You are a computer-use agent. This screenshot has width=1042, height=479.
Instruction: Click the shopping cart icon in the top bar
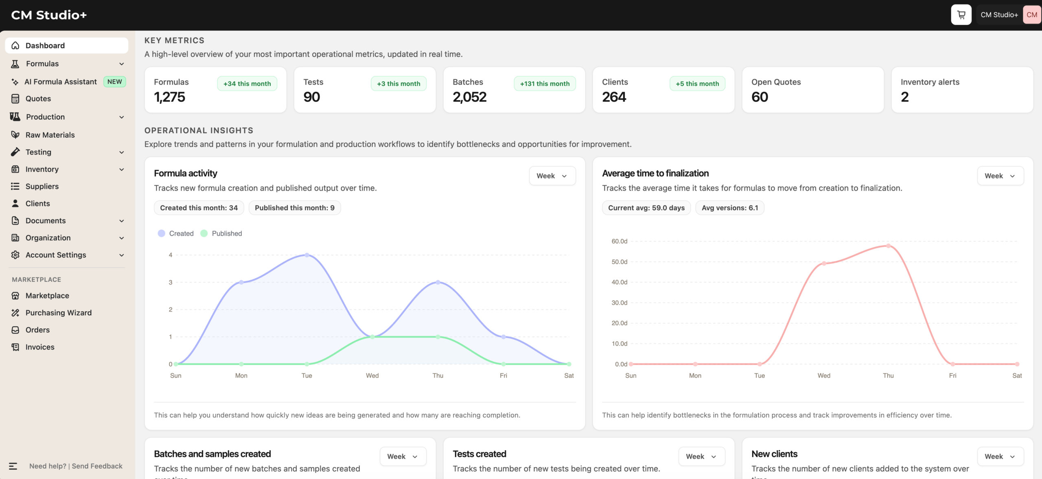point(961,15)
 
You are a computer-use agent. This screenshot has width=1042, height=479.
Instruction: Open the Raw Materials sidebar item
point(50,135)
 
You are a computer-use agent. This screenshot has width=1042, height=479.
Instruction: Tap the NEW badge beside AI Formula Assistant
point(115,81)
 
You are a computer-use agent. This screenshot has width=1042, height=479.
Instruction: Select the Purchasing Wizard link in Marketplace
point(59,313)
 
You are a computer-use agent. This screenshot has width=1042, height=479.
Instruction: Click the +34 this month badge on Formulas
point(247,83)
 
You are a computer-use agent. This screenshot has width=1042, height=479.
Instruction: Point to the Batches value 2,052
point(470,97)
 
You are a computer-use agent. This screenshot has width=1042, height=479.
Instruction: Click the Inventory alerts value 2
point(905,97)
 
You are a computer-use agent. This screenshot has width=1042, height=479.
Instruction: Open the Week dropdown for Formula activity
point(552,176)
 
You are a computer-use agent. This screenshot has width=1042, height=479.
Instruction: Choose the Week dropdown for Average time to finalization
point(1000,176)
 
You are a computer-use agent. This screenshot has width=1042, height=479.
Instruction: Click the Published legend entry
point(221,233)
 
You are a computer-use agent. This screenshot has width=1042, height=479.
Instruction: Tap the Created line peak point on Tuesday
point(307,255)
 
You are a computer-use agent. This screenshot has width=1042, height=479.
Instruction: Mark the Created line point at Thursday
point(438,282)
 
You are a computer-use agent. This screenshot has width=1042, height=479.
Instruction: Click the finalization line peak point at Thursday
point(888,246)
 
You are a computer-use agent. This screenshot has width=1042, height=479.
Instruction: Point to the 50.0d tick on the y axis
point(620,262)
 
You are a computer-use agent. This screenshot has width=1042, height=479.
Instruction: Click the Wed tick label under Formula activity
point(372,376)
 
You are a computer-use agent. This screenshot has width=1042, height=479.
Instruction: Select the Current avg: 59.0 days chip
point(646,208)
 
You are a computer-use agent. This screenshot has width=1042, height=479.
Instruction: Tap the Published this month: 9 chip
point(295,208)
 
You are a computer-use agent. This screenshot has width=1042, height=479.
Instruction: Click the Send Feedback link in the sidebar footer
point(97,466)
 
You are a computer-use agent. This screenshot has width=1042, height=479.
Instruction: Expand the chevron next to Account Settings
point(122,255)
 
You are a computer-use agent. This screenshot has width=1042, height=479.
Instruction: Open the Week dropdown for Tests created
point(702,457)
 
